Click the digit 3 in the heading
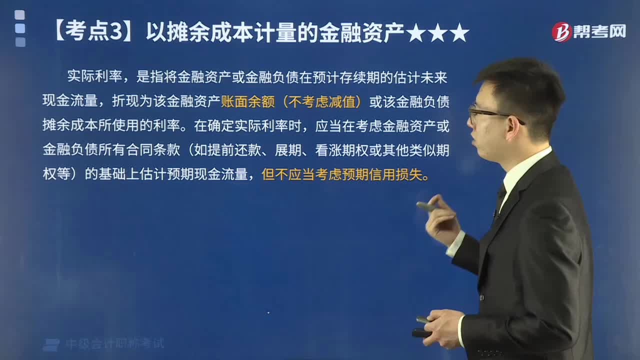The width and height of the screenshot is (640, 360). coord(116,31)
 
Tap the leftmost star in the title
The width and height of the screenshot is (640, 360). coord(415,33)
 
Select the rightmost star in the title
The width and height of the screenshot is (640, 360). coord(459,33)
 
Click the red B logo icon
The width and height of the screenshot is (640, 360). coord(561,31)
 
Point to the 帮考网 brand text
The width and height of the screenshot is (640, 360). coord(600,31)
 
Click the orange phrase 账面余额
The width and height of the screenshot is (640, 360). coord(248,101)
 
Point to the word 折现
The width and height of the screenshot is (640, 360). coord(125,101)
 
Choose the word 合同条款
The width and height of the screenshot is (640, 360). coord(153,150)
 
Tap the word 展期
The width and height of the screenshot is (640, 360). coord(288,150)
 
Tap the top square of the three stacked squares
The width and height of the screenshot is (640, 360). coord(19,15)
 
